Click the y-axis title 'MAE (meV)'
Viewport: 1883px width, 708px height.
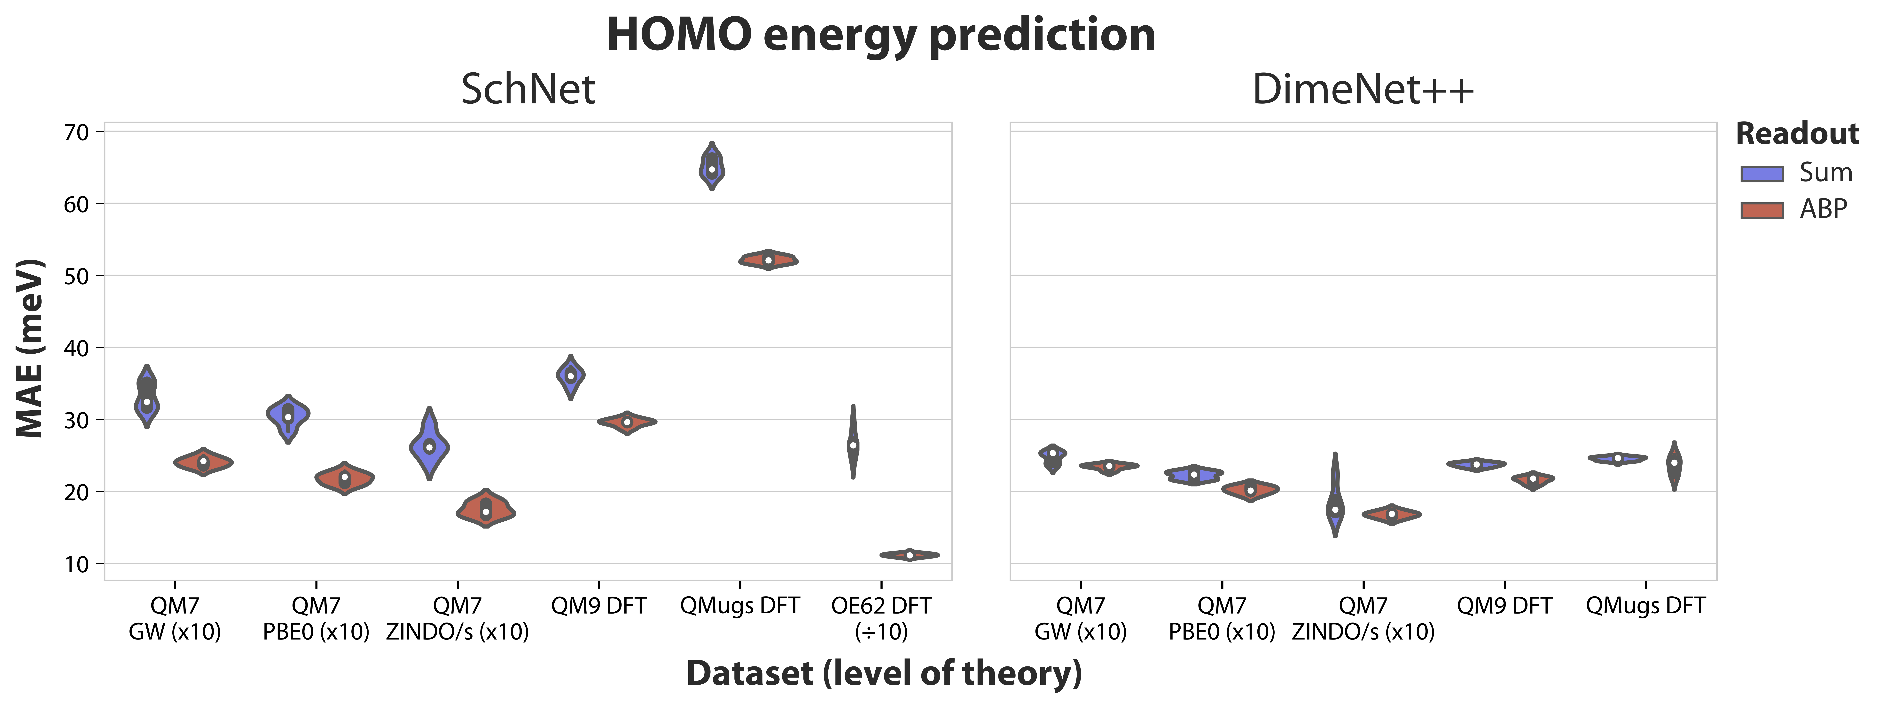[x=31, y=348]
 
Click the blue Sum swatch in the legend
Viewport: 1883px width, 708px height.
[x=1762, y=173]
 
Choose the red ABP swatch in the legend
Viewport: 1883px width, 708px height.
[x=1762, y=210]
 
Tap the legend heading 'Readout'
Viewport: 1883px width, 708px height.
[x=1797, y=134]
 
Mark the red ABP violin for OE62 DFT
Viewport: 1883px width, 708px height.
[x=909, y=555]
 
